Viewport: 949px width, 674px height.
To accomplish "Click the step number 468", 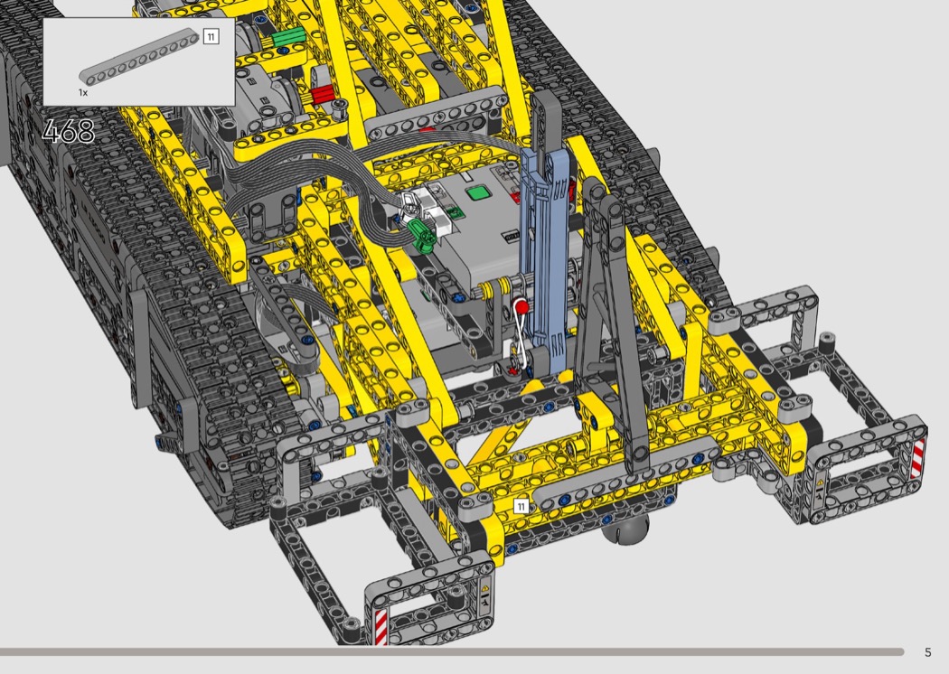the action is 69,131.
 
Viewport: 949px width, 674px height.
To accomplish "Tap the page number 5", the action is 928,652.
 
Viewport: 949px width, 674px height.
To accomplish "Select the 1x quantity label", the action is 83,92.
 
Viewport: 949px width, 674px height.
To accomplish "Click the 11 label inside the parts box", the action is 211,37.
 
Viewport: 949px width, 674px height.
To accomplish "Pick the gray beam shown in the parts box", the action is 139,59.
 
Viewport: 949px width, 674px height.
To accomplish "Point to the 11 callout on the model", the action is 521,506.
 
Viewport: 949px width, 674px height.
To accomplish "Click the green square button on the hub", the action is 479,193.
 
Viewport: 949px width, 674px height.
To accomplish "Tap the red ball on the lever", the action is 521,308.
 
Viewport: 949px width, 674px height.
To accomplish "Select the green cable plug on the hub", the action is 422,234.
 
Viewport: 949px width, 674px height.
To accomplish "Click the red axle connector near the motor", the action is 322,94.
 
